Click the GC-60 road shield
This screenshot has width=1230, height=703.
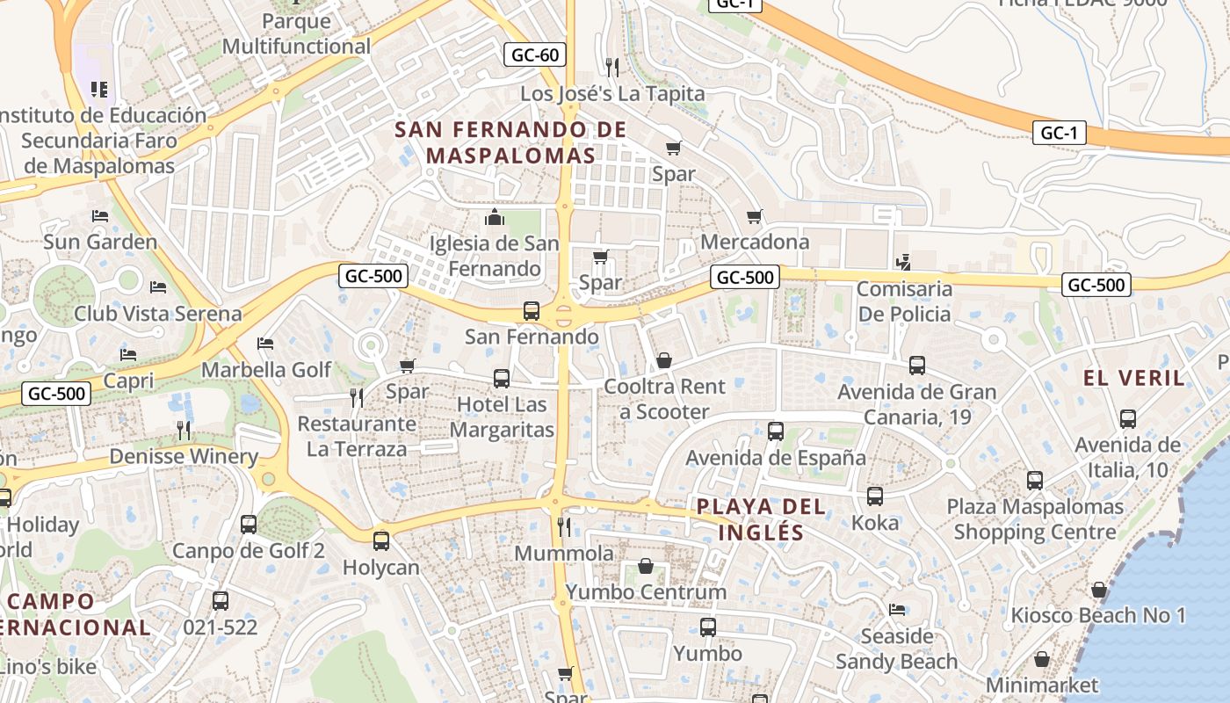click(535, 54)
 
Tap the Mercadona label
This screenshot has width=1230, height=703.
click(755, 242)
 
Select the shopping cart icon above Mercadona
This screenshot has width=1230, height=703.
click(754, 216)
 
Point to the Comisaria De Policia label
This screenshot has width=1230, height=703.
click(904, 301)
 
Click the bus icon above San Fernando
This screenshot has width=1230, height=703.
click(532, 310)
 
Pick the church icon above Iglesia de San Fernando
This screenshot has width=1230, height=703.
click(495, 217)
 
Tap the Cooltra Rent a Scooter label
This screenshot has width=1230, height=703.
click(664, 399)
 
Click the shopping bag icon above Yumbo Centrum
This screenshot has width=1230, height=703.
click(646, 566)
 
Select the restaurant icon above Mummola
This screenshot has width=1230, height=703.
click(564, 526)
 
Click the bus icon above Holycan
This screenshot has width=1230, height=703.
click(380, 541)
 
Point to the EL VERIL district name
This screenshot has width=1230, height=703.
click(1134, 379)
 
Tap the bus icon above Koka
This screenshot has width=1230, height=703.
click(875, 496)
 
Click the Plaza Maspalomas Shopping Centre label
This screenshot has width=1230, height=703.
click(1035, 519)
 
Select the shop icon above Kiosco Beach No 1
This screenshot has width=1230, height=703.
click(1099, 590)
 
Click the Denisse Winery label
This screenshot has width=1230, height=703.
click(184, 456)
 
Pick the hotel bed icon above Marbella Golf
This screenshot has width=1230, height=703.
click(265, 344)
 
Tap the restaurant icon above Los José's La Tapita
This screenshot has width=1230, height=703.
click(612, 67)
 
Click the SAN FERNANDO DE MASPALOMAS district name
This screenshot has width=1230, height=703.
click(510, 142)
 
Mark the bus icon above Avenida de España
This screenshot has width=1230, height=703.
click(775, 431)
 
